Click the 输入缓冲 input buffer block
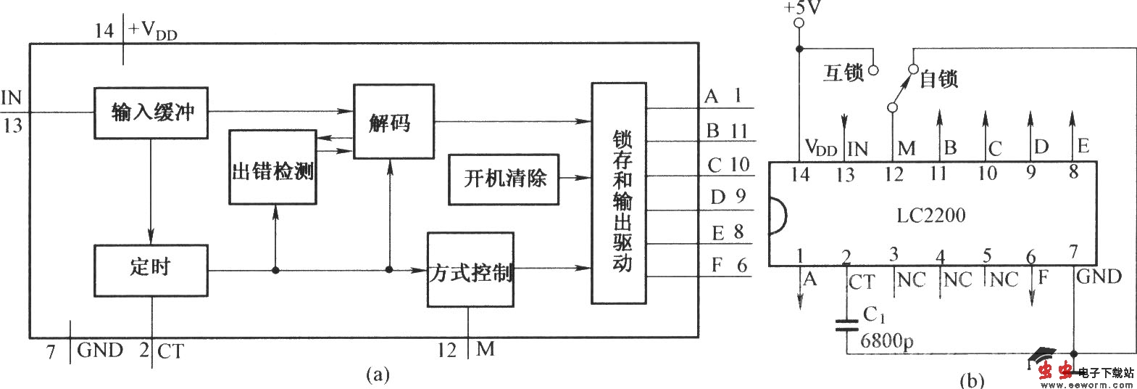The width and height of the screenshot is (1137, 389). point(151,112)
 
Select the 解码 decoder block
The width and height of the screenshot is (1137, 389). point(393,121)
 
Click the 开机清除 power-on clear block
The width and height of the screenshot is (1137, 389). point(504,179)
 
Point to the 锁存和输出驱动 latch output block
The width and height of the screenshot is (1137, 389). point(619,194)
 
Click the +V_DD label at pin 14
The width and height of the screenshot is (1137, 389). point(153,31)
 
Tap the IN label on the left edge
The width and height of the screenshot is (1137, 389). point(12,98)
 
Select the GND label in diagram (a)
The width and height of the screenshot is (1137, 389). point(100,351)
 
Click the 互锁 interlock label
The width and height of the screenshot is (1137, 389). point(844,73)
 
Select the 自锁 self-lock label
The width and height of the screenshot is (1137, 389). point(938,79)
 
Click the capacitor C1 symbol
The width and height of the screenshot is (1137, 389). point(846,324)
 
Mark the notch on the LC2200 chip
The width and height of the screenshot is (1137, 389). point(777,216)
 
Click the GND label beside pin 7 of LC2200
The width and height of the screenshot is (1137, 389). point(1099,277)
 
